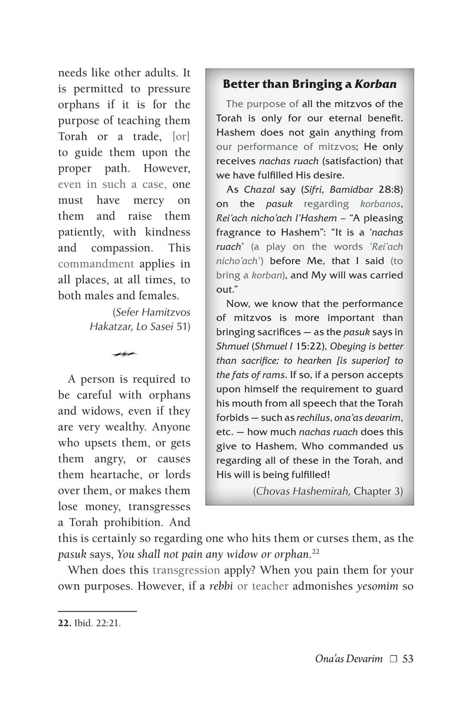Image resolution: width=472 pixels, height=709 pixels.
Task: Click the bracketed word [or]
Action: (181, 137)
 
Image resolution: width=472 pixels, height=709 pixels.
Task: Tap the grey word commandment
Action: (96, 263)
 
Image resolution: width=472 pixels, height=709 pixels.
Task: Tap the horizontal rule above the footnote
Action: (97, 612)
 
